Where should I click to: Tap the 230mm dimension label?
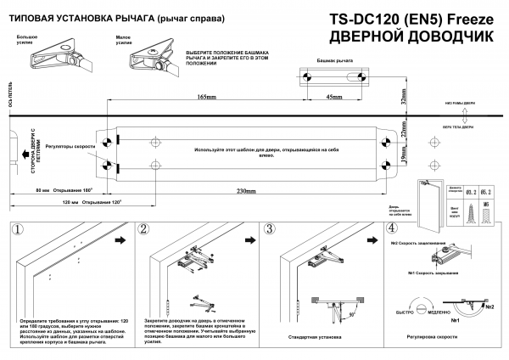point(247,191)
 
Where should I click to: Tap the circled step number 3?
point(269,229)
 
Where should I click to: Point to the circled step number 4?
point(391,229)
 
